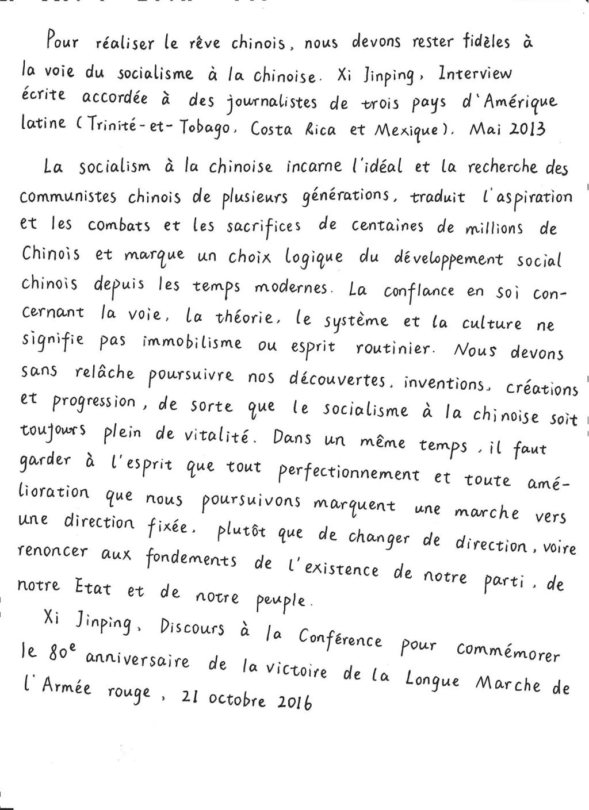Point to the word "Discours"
(x=193, y=627)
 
